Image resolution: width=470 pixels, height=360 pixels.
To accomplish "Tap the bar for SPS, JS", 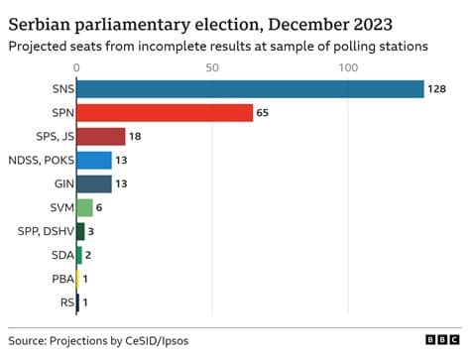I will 100,137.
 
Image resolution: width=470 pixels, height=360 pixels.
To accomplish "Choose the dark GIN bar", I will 93,183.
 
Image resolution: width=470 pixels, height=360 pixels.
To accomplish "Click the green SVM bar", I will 84,207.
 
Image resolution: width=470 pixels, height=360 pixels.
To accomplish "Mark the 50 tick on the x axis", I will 211,66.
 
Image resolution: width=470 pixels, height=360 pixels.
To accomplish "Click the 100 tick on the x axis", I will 347,66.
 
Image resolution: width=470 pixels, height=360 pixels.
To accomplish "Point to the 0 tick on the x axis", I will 76,66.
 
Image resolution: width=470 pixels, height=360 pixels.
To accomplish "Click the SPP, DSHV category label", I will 42,231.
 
